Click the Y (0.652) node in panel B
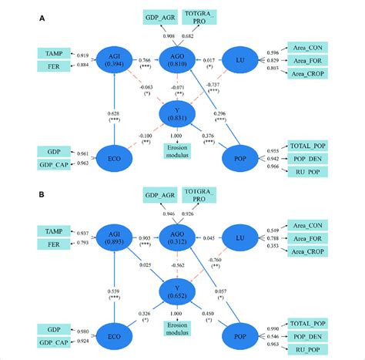[x=177, y=292]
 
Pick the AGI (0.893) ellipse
[x=114, y=238]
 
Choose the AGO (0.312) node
[x=177, y=238]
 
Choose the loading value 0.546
[x=270, y=338]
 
